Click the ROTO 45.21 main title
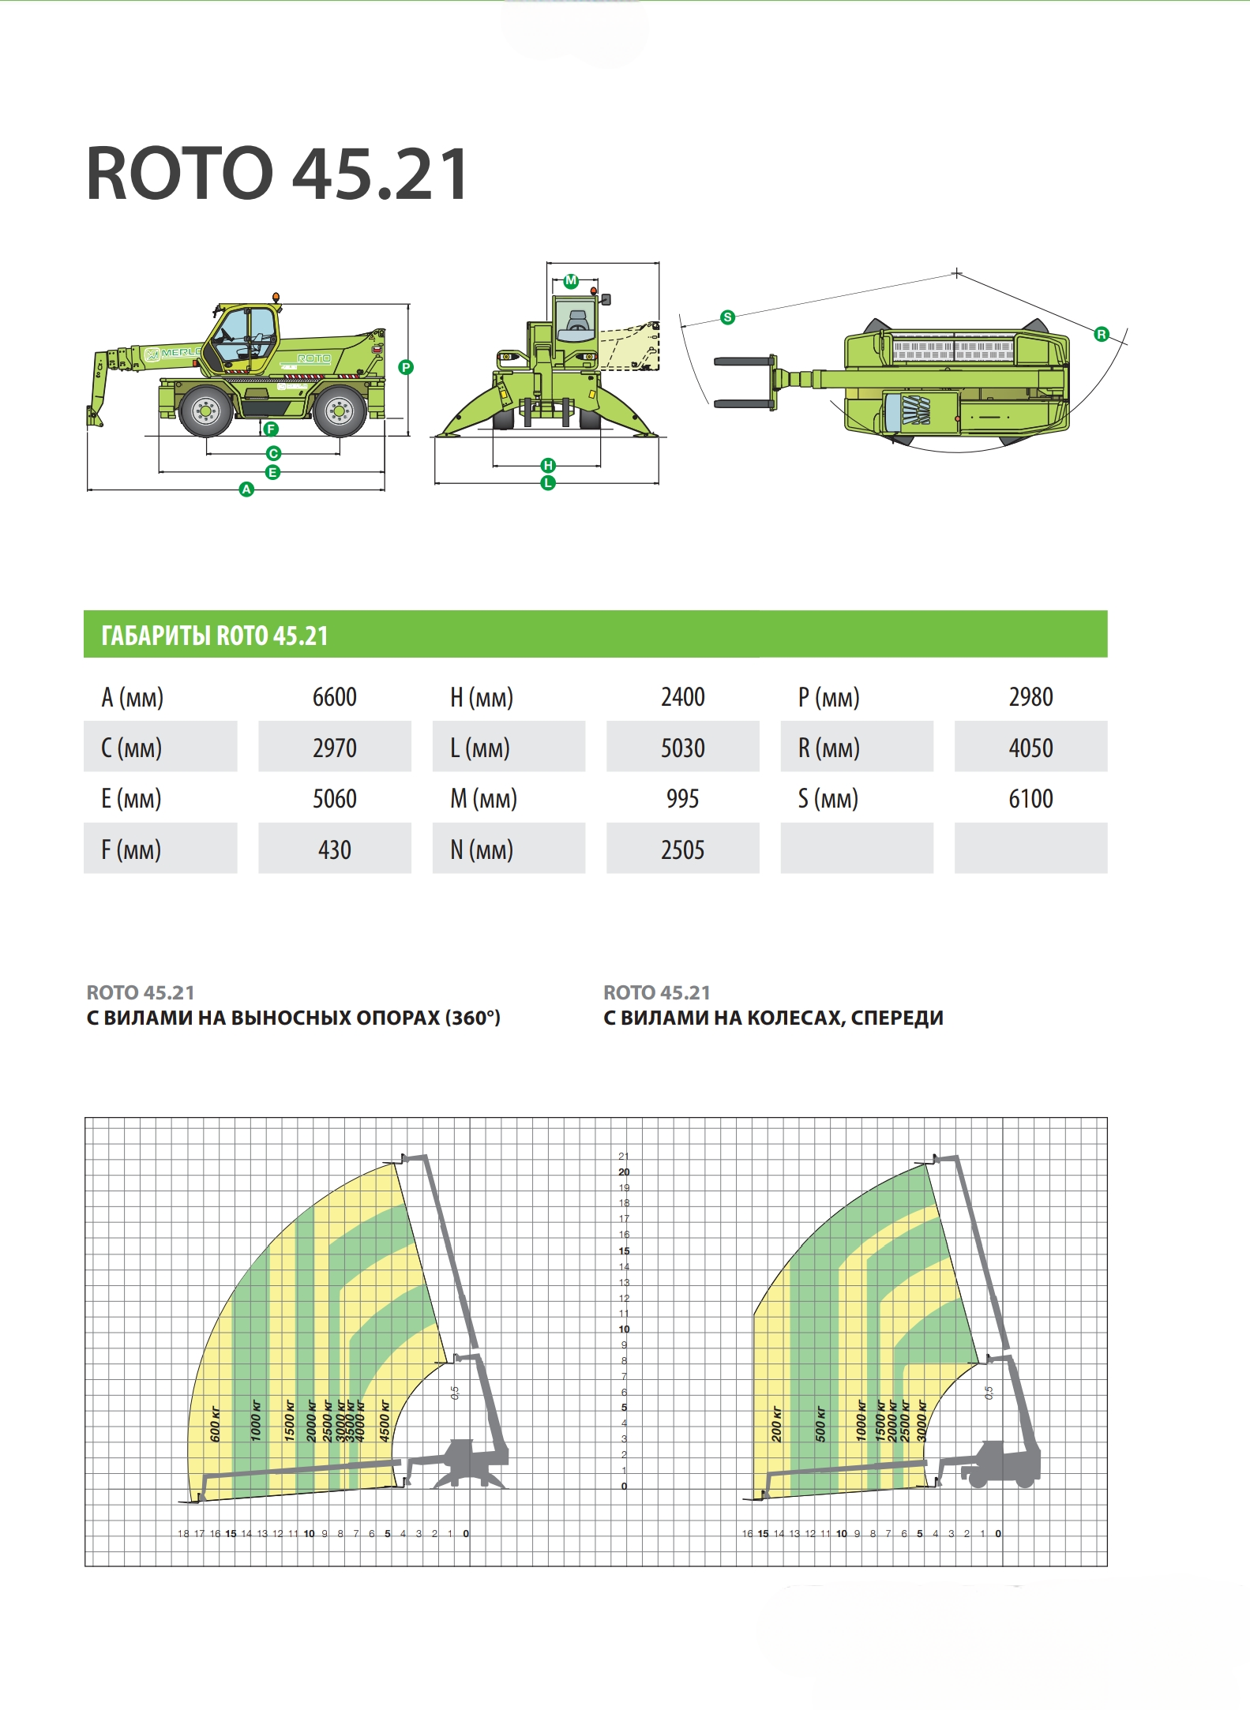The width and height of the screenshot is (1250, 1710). click(x=277, y=174)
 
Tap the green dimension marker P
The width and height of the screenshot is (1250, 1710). click(x=406, y=367)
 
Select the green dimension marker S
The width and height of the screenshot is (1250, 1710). click(x=727, y=317)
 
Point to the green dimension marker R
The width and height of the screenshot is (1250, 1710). click(x=1101, y=335)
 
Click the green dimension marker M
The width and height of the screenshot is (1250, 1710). click(x=571, y=280)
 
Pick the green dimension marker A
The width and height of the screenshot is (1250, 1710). click(x=246, y=489)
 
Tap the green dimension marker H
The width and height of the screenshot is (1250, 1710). click(x=548, y=465)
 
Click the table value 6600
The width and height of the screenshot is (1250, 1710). click(x=334, y=697)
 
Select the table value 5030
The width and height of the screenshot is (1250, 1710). click(x=682, y=748)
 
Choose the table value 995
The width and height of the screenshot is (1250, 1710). click(x=682, y=799)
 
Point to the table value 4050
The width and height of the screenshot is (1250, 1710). click(x=1030, y=748)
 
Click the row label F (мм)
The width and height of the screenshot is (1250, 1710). click(x=131, y=850)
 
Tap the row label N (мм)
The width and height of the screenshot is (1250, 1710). click(x=482, y=850)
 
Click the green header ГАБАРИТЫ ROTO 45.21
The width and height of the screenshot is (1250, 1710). click(x=215, y=636)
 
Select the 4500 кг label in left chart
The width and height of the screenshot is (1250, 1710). click(x=385, y=1421)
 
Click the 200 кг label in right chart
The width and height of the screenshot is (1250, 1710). click(x=776, y=1424)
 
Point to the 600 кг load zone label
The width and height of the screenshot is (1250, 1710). click(x=216, y=1424)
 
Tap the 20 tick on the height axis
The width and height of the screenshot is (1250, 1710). click(x=624, y=1172)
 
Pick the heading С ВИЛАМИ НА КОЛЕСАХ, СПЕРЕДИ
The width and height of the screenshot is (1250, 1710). click(x=773, y=1018)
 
